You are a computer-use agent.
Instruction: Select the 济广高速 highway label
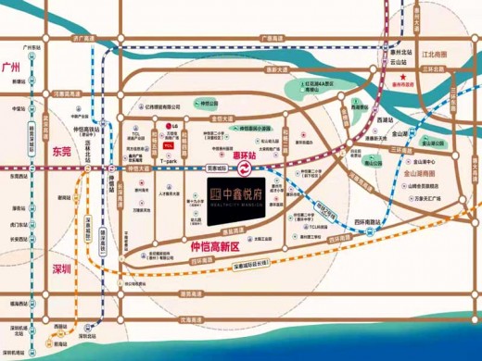[x=83, y=40]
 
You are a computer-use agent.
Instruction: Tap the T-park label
[x=169, y=160]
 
